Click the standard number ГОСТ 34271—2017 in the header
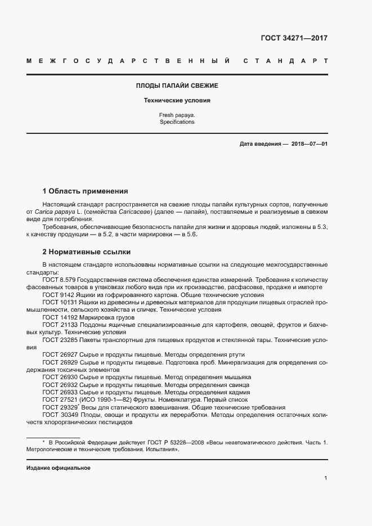(294, 39)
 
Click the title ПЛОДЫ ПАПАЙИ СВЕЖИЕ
(177, 86)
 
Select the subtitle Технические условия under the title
(177, 101)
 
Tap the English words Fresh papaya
(177, 115)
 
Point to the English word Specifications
(177, 122)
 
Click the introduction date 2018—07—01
(309, 144)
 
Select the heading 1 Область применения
(86, 191)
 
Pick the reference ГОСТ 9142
(57, 294)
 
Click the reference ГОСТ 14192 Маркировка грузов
(88, 317)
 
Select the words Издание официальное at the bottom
(58, 468)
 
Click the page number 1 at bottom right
(325, 478)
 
